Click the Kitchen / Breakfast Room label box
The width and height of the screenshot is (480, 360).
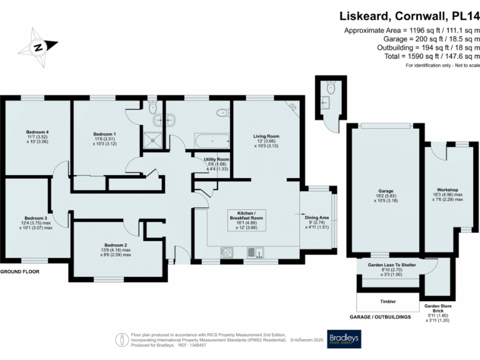point(248,221)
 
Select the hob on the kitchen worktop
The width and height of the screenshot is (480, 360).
point(226,252)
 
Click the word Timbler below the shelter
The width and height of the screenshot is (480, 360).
point(387,301)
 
